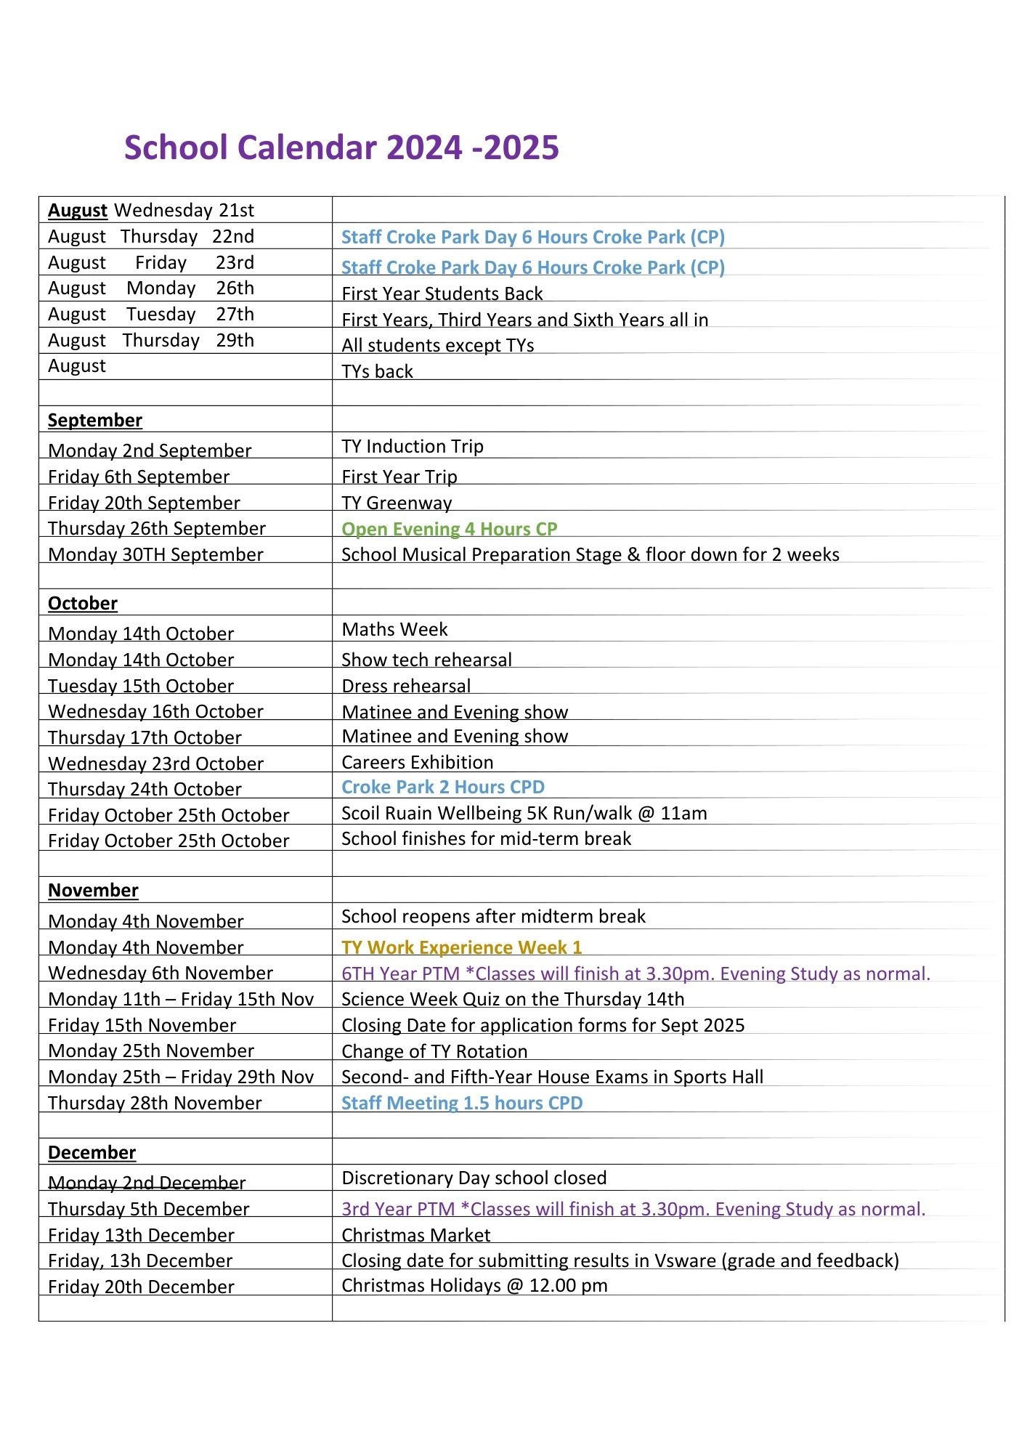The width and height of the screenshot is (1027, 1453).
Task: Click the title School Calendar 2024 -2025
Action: pyautogui.click(x=341, y=147)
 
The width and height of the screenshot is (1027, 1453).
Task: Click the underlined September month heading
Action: pyautogui.click(x=95, y=421)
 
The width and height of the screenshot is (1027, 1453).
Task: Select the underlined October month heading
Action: pyautogui.click(x=83, y=604)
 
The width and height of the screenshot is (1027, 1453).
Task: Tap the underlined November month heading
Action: pyautogui.click(x=93, y=891)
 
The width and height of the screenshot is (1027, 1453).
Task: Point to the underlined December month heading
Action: pyautogui.click(x=92, y=1153)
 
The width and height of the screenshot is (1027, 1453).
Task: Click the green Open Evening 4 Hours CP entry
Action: pyautogui.click(x=450, y=530)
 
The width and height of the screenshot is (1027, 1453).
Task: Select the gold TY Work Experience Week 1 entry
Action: pyautogui.click(x=462, y=947)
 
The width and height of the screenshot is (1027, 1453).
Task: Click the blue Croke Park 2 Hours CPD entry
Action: pyautogui.click(x=443, y=788)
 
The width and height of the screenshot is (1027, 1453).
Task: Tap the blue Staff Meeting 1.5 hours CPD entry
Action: pyautogui.click(x=462, y=1104)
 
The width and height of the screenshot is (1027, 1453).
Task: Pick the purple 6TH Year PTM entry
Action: pyautogui.click(x=636, y=974)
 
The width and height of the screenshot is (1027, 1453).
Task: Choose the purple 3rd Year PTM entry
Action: pyautogui.click(x=633, y=1209)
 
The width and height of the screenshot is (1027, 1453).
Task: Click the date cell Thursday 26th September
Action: pyautogui.click(x=157, y=529)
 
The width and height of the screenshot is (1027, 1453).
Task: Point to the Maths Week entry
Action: pyautogui.click(x=395, y=629)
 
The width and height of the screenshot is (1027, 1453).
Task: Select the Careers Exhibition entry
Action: pyautogui.click(x=418, y=762)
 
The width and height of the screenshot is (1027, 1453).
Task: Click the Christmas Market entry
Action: pyautogui.click(x=416, y=1235)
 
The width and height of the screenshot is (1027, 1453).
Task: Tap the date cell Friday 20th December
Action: pyautogui.click(x=141, y=1287)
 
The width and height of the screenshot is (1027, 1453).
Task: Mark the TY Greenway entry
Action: pyautogui.click(x=397, y=503)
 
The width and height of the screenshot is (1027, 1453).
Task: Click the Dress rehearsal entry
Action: pyautogui.click(x=406, y=686)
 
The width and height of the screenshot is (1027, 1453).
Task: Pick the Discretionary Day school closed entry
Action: pyautogui.click(x=474, y=1178)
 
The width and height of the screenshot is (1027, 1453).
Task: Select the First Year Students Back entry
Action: pyautogui.click(x=442, y=294)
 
